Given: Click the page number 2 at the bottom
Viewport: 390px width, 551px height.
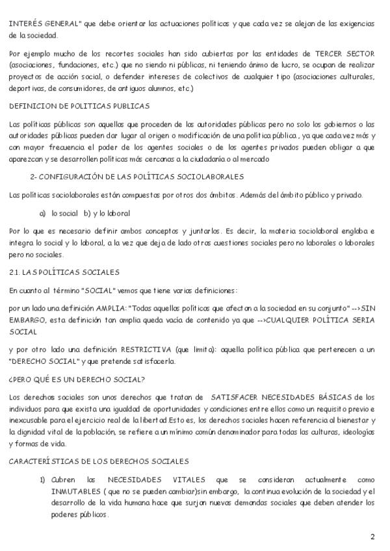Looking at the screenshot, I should coord(372,537).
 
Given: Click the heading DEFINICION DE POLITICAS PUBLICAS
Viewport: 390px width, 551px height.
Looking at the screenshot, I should coord(79,106).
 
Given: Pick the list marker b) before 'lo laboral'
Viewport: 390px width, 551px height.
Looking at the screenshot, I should coord(87,212).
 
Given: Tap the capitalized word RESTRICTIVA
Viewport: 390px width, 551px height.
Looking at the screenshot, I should coord(148,349).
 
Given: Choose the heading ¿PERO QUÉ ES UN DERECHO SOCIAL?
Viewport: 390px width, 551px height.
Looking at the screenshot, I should coord(77,379).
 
